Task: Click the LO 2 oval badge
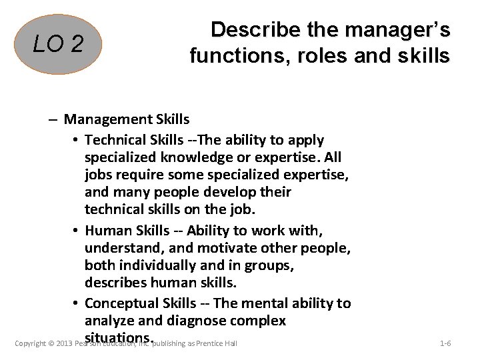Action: pos(59,44)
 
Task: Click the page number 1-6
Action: pos(445,343)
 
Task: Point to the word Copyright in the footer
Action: pos(29,344)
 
